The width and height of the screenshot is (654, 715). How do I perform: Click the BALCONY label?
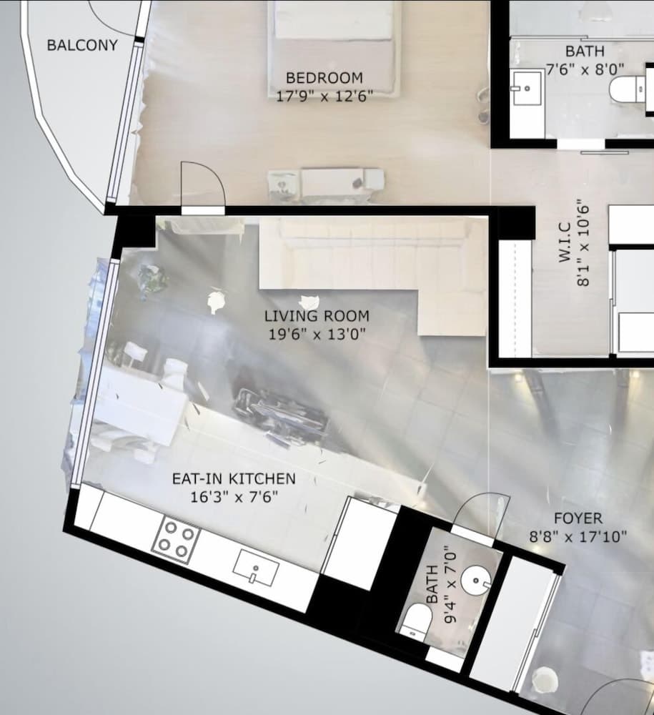tap(72, 46)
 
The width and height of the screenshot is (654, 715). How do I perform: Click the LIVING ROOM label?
tap(317, 316)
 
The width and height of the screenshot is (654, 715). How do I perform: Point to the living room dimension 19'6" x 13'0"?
tap(317, 333)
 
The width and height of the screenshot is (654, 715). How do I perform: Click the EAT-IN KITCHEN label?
tap(233, 479)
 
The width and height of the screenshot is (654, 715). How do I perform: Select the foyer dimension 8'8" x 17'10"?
tap(578, 536)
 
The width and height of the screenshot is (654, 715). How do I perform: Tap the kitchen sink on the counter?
tap(255, 569)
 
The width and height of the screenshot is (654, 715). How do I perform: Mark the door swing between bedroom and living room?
tap(202, 188)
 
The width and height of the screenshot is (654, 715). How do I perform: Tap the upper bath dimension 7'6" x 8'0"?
tap(585, 69)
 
